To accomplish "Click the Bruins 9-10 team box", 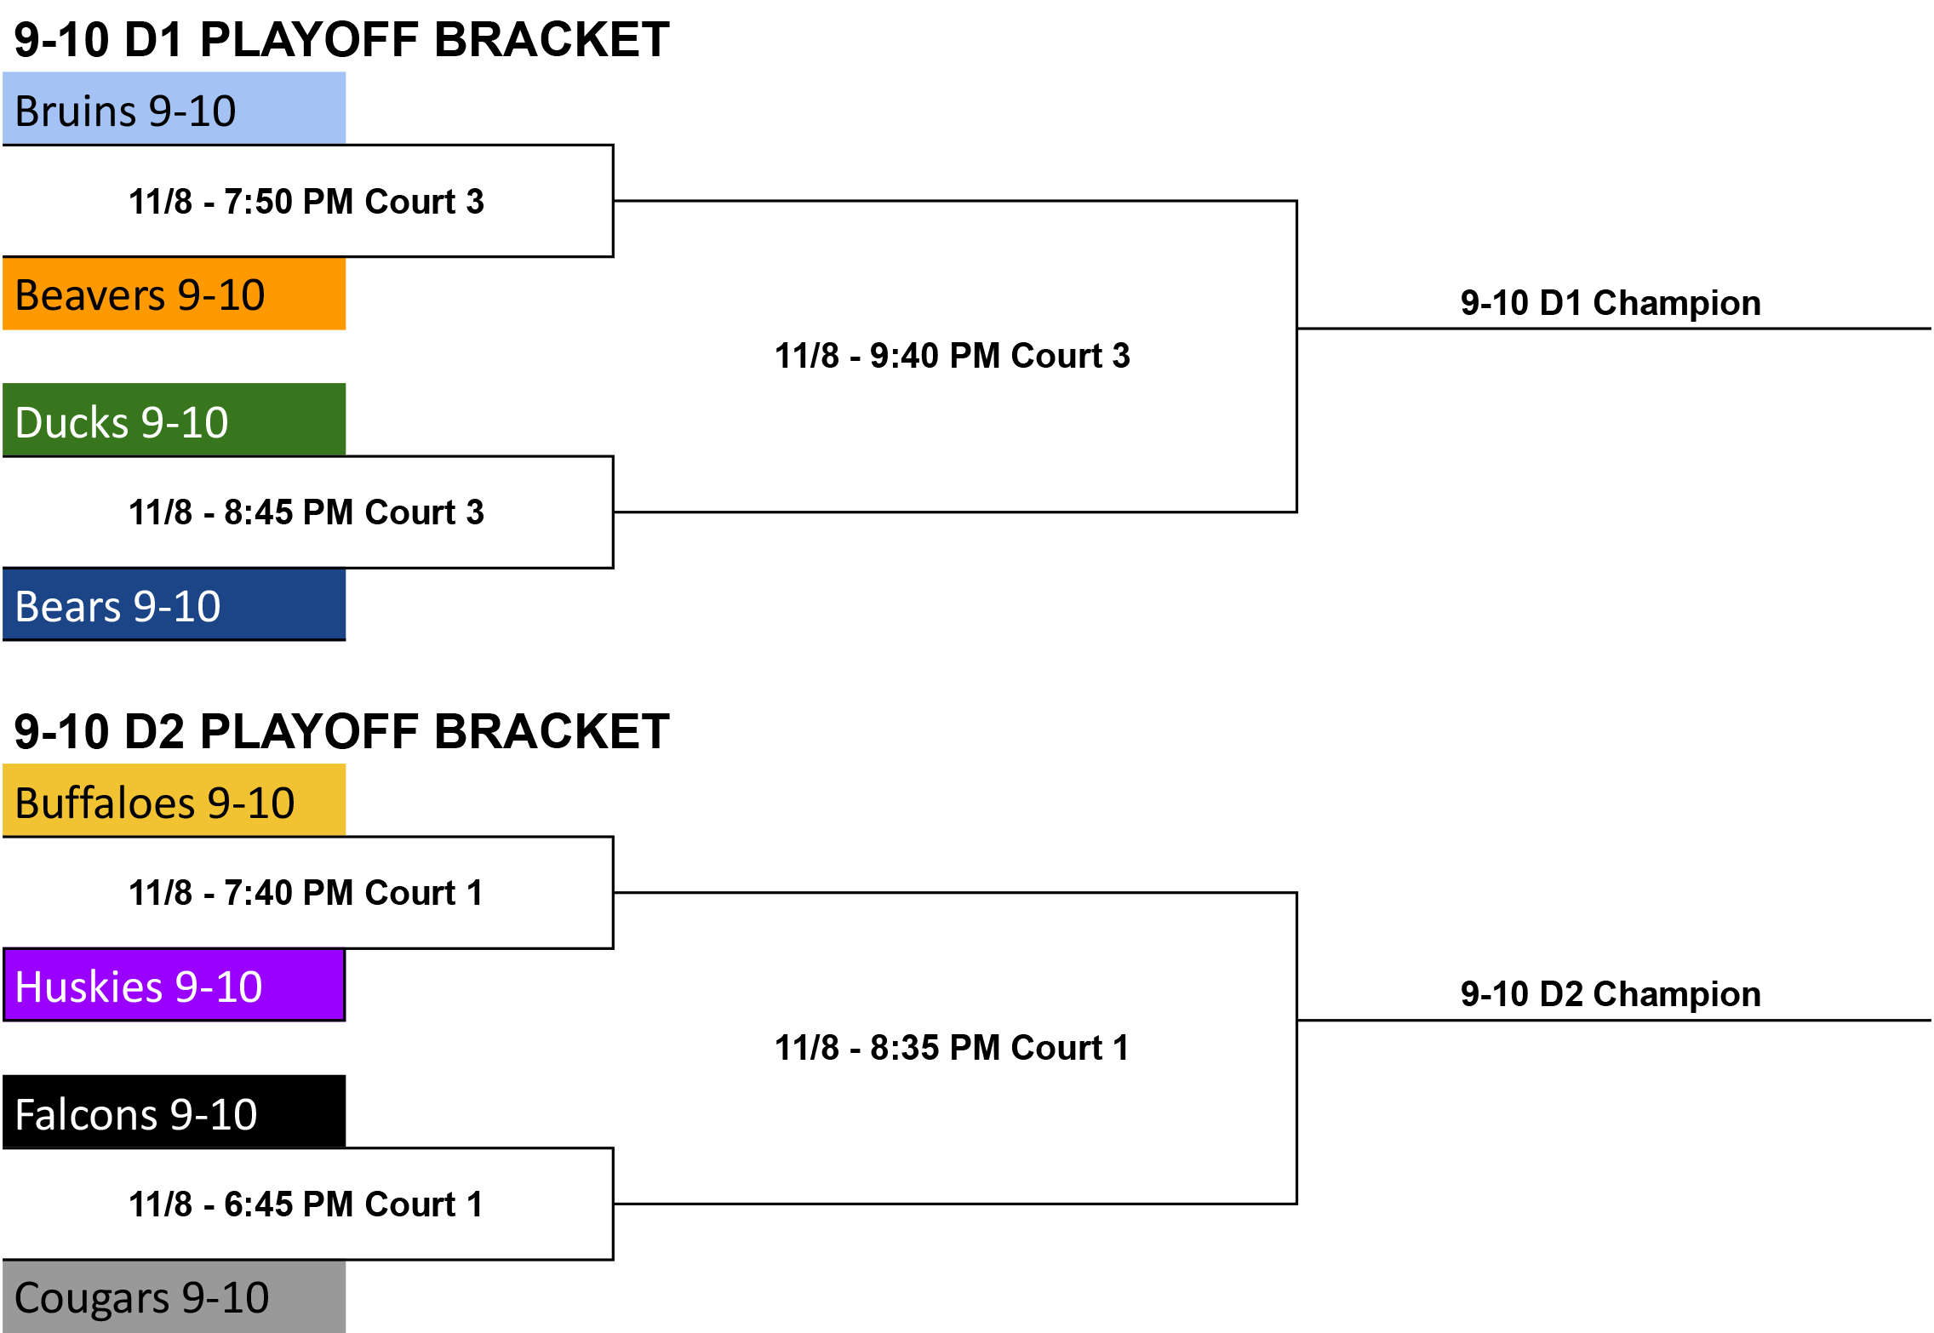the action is point(175,108).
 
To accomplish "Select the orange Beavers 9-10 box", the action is point(175,294).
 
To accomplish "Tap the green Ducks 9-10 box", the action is point(175,420).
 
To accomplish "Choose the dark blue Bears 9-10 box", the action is point(175,604).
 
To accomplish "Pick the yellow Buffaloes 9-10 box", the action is point(175,800).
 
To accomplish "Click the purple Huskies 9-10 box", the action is point(175,985).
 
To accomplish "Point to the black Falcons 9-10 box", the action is point(175,1112).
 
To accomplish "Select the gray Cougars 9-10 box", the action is point(175,1296).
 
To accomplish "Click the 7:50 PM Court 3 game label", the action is point(306,202).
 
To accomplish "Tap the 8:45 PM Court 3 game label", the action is point(306,512).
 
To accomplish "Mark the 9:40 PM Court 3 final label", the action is point(953,356).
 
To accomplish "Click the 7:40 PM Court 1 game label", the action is point(306,893).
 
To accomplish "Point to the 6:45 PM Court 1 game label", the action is point(306,1204).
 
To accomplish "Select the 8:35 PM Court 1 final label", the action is point(953,1048).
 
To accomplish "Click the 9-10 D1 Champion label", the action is point(1611,304).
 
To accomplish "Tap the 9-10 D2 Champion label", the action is point(1611,995).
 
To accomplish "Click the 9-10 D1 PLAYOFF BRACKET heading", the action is point(342,40).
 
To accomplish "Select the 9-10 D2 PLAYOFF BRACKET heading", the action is point(342,732).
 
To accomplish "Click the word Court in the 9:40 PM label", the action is point(1056,356).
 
